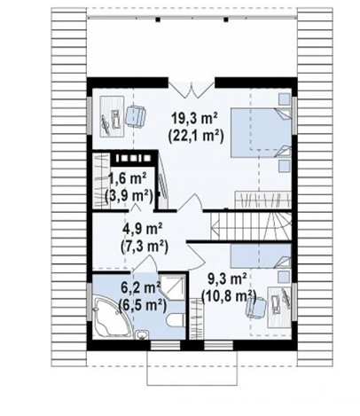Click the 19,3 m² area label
(x=195, y=119)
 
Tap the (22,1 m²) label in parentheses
(x=195, y=137)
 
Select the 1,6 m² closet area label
(x=128, y=179)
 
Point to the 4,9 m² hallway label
(x=143, y=230)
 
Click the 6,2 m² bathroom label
(x=141, y=287)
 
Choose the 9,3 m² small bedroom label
(x=228, y=279)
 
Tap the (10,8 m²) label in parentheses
(x=229, y=296)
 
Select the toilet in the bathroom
(x=176, y=319)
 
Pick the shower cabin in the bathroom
(x=173, y=286)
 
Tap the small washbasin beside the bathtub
(x=143, y=334)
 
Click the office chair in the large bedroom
(x=136, y=116)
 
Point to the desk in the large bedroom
(x=113, y=116)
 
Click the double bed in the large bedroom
(x=261, y=132)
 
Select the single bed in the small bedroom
(x=261, y=255)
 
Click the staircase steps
(x=251, y=226)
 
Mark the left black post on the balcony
(x=158, y=20)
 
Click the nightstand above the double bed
(x=285, y=98)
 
